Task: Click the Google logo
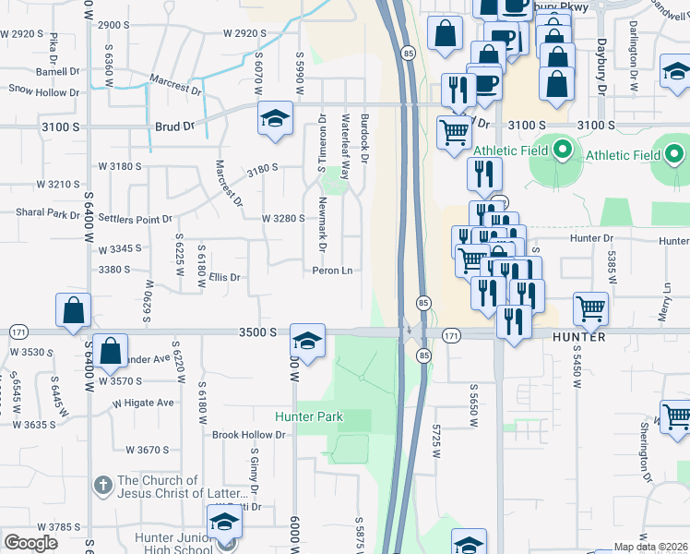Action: point(30,543)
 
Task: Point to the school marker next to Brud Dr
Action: point(274,119)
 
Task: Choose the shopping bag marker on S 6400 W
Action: point(73,310)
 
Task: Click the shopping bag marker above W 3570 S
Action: point(110,351)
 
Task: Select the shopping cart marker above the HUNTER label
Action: point(590,307)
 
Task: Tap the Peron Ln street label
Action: point(334,271)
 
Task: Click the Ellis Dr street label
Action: point(224,277)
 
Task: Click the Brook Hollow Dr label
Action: point(249,435)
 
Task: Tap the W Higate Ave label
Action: point(144,403)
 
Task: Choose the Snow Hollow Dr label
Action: point(44,91)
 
